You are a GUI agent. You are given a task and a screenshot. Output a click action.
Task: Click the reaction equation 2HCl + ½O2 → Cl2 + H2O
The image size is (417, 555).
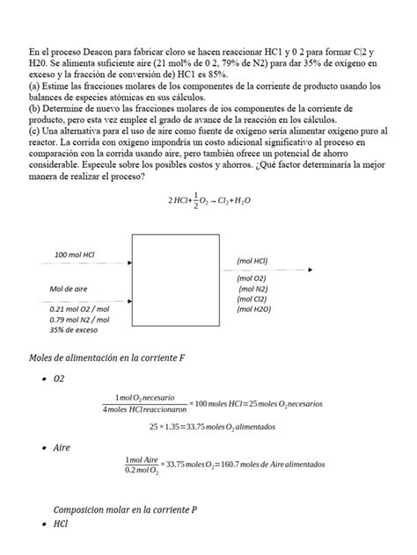point(208,199)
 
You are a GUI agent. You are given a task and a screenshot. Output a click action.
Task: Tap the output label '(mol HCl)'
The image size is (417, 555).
point(252,261)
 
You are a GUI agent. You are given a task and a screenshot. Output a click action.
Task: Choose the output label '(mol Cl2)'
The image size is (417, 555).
point(252,299)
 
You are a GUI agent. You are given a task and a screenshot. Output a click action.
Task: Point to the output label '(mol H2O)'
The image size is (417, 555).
point(254,310)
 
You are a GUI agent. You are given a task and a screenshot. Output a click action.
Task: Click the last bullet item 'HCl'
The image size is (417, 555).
point(61,524)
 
